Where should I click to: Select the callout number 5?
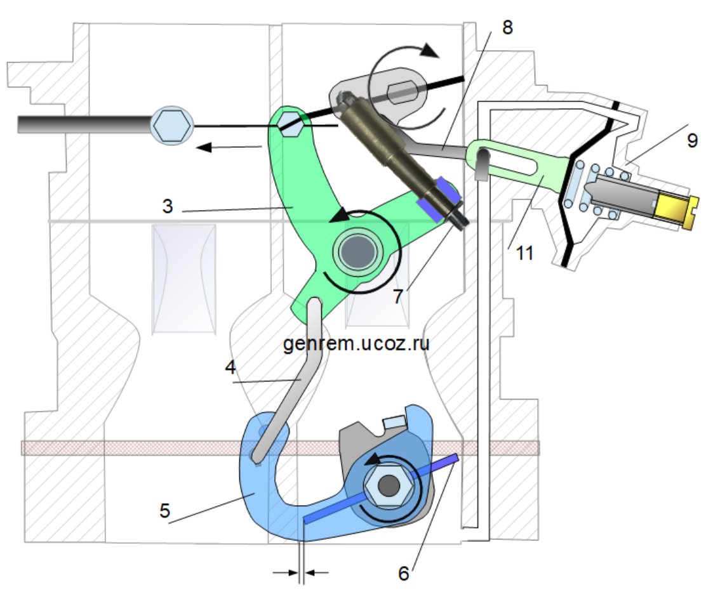pyautogui.click(x=164, y=511)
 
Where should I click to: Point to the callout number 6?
pyautogui.click(x=404, y=573)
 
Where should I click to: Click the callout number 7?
pyautogui.click(x=397, y=296)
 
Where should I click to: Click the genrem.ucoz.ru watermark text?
pyautogui.click(x=356, y=344)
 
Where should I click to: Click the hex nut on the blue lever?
pyautogui.click(x=389, y=488)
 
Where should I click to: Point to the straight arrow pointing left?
pyautogui.click(x=229, y=148)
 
